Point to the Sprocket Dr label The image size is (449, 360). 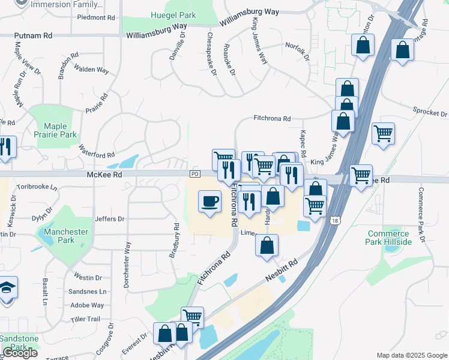(x=430, y=112)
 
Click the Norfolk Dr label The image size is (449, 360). (x=297, y=52)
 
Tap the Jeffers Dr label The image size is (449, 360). (x=109, y=220)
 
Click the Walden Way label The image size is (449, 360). (x=92, y=70)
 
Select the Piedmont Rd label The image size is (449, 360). (x=96, y=17)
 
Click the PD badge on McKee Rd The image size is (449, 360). (x=194, y=174)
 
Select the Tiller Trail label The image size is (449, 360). (x=85, y=319)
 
